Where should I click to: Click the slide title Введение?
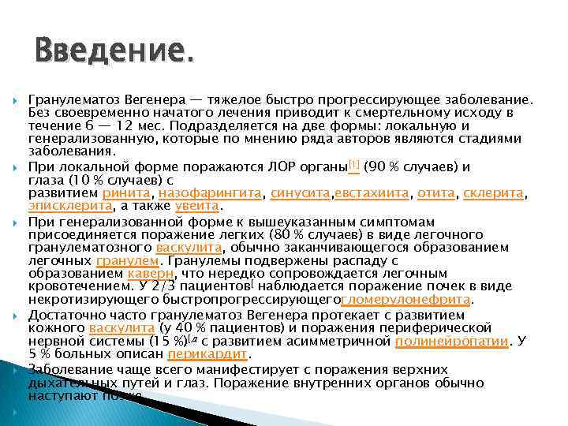(x=113, y=52)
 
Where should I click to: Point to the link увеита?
(x=197, y=206)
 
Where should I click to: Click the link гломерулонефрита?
(x=406, y=300)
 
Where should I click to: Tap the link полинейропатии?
(x=451, y=341)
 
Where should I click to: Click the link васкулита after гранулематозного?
(x=189, y=246)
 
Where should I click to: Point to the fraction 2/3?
(x=167, y=286)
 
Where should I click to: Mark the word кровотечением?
(x=76, y=286)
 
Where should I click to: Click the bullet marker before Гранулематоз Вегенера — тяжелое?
(x=16, y=100)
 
